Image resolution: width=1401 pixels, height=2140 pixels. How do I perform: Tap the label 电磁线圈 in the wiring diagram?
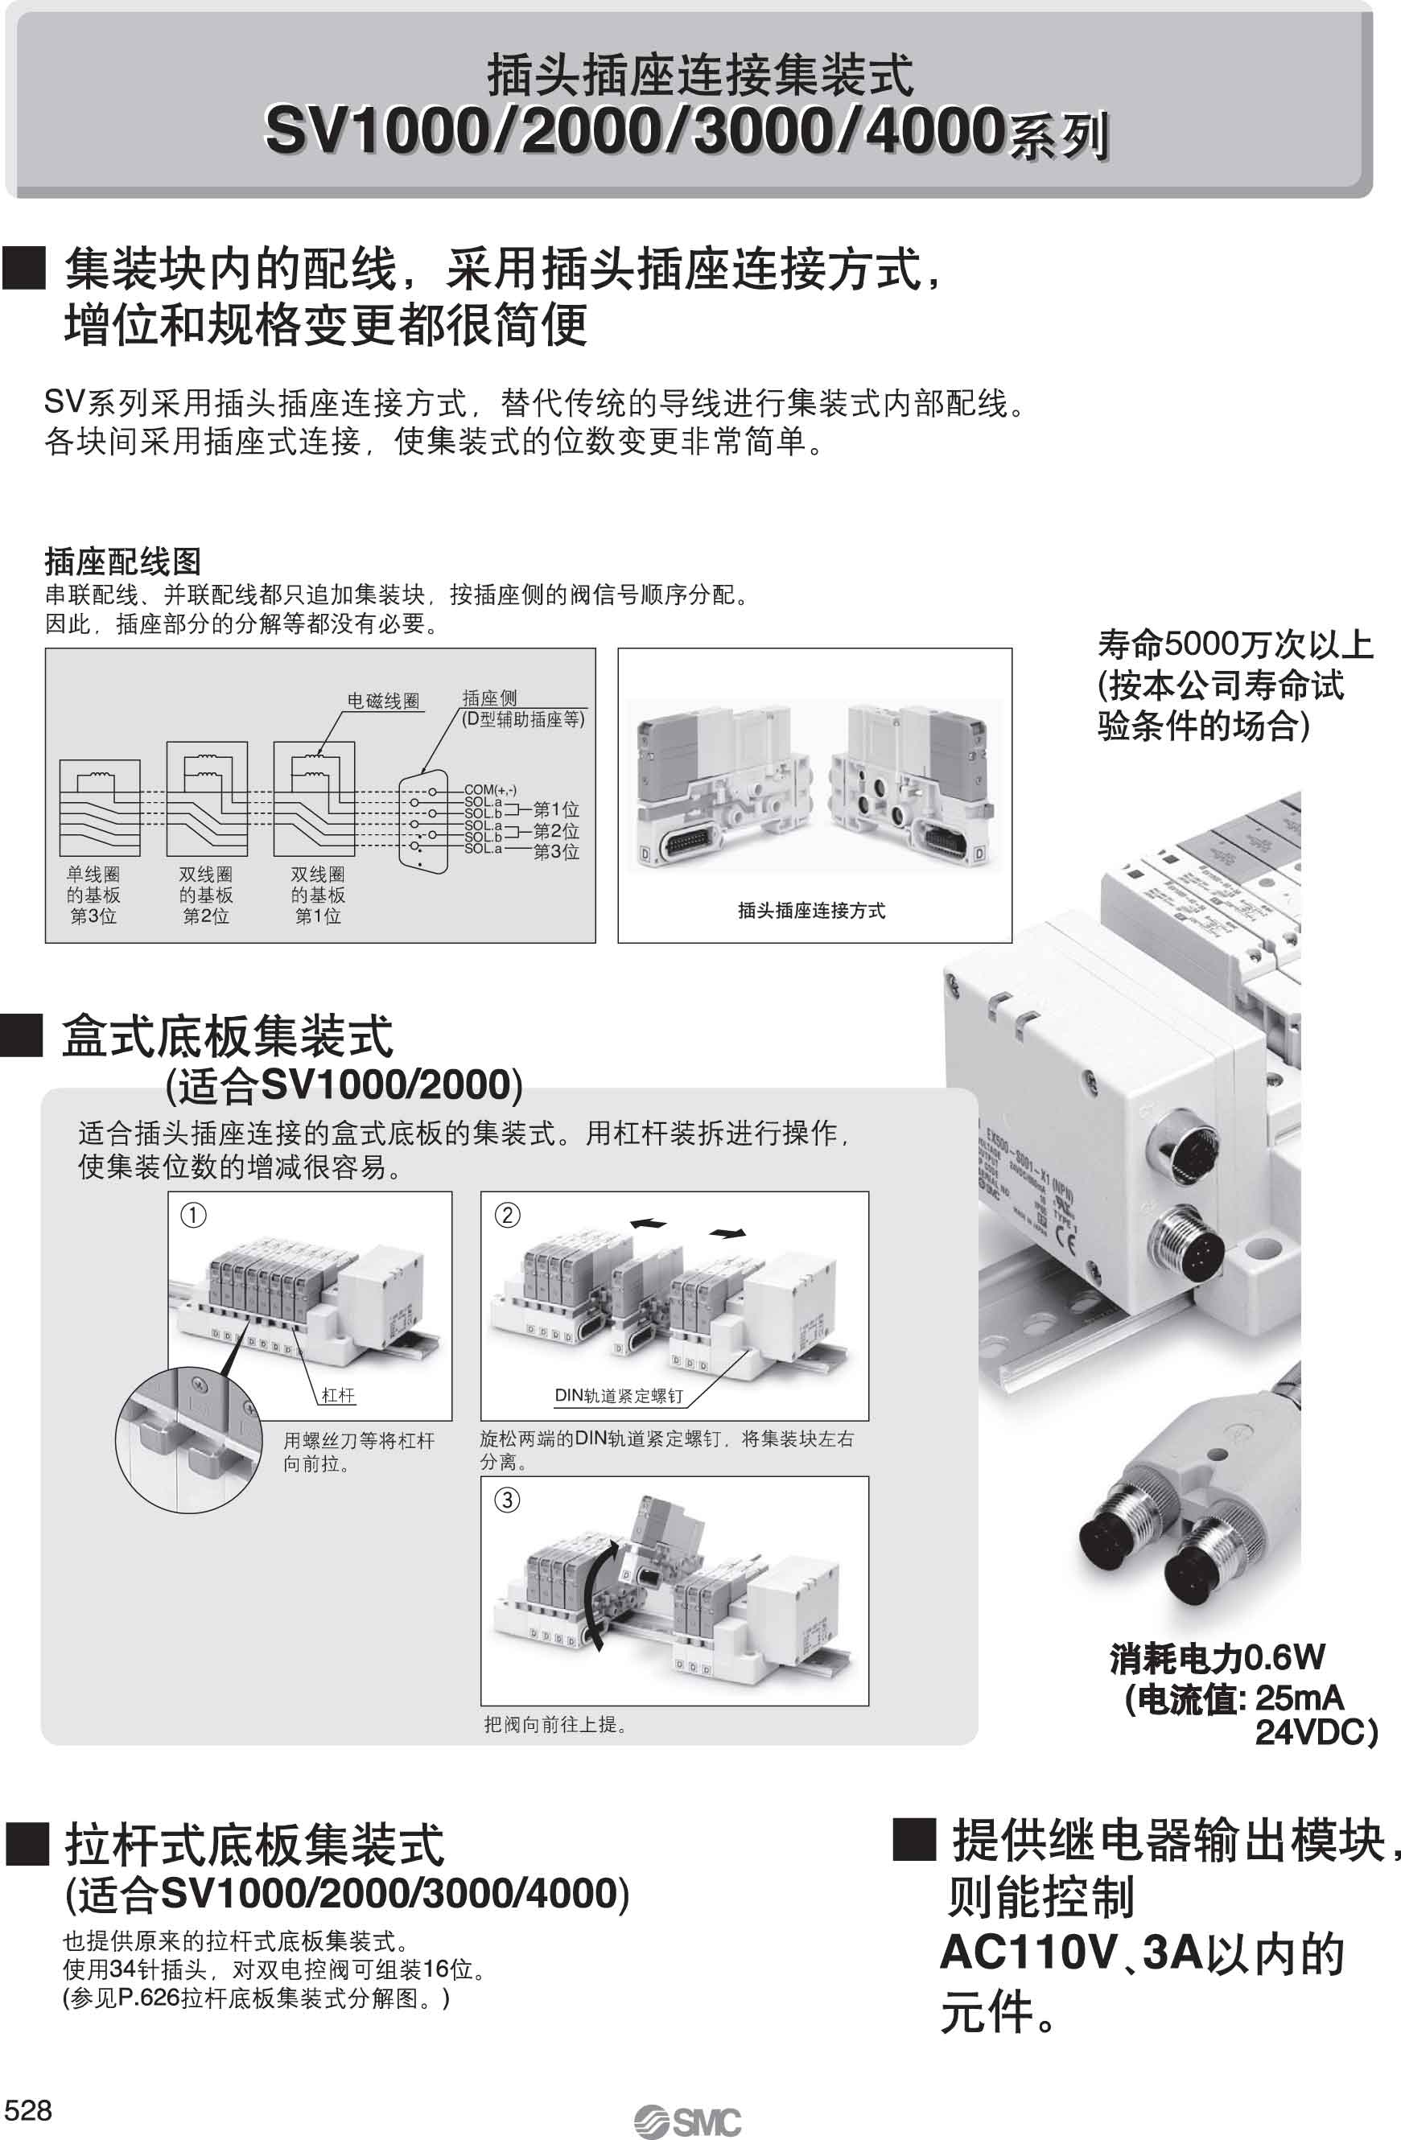click(x=384, y=702)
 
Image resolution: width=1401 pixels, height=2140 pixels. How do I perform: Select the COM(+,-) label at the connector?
click(x=490, y=789)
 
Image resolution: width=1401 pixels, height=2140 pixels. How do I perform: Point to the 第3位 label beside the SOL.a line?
click(x=556, y=851)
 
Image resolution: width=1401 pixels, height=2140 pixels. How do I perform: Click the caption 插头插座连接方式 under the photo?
click(x=811, y=911)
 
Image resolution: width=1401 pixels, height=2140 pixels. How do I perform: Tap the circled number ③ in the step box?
click(x=507, y=1500)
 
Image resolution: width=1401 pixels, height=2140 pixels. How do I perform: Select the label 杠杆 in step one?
click(x=338, y=1394)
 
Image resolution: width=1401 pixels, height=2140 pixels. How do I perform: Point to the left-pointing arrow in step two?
click(x=649, y=1223)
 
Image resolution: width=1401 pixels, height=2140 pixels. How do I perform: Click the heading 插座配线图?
click(x=122, y=562)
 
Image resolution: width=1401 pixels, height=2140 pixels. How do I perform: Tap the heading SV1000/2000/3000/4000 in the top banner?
click(x=634, y=130)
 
